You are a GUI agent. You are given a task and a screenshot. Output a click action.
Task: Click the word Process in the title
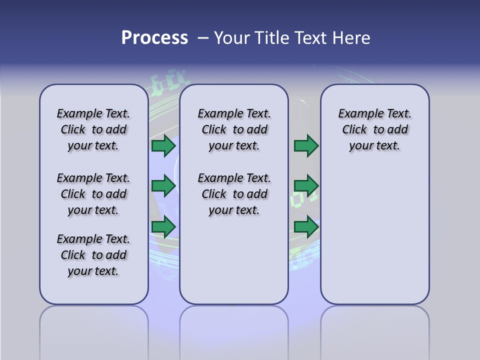coord(154,37)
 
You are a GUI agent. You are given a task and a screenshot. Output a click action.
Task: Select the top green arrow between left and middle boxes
coord(163,145)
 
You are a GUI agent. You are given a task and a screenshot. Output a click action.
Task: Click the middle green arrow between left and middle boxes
coord(163,186)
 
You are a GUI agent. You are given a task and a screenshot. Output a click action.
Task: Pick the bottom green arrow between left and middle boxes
coord(163,226)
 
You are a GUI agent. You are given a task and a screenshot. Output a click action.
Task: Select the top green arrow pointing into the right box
coord(306,145)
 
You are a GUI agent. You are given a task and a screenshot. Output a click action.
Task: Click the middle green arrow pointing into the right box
coord(306,186)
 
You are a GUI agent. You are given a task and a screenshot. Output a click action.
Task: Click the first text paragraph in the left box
coord(93,129)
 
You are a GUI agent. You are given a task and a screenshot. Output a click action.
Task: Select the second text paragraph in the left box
coord(93,194)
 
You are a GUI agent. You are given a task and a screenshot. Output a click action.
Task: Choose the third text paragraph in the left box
coord(93,255)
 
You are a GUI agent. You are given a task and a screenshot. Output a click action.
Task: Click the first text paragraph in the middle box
coord(234,129)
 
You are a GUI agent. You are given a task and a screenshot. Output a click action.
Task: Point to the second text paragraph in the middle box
coord(234,194)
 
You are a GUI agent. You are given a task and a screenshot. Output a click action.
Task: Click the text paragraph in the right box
coord(375,129)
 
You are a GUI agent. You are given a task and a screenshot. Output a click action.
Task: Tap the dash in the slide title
coord(203,38)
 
